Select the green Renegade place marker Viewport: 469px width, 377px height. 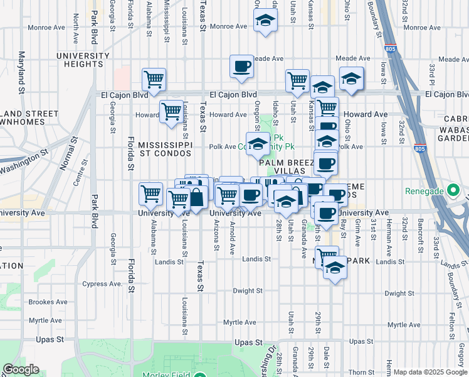[453, 190]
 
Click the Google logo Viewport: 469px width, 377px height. [21, 369]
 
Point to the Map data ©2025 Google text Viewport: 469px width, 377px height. [429, 372]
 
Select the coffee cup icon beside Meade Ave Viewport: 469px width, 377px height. [241, 66]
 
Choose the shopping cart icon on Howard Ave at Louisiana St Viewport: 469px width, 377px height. [171, 111]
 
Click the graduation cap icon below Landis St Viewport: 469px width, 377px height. [335, 267]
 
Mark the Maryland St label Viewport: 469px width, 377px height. [21, 73]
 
